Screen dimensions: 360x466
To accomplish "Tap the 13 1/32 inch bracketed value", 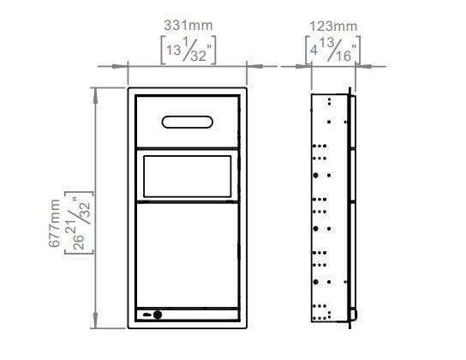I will coord(188,51).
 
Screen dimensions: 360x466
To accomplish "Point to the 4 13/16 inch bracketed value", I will coord(332,51).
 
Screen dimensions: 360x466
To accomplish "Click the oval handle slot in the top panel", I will coord(188,123).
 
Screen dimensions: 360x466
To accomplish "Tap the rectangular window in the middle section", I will coord(188,174).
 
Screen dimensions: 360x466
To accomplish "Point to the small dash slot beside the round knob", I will coord(147,315).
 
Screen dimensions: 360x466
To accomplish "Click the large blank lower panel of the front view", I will coord(188,255).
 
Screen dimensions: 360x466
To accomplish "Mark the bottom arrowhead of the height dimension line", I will coord(95,324).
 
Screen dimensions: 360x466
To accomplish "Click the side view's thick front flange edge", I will coord(351,206).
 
